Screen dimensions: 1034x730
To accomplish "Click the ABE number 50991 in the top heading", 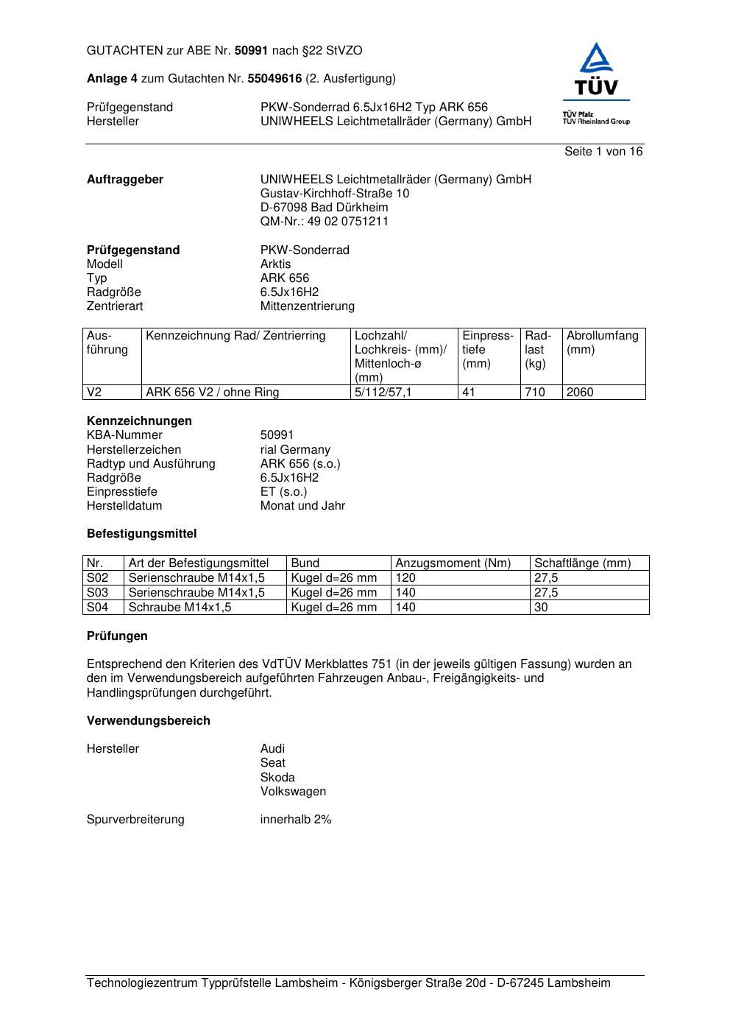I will coord(251,51).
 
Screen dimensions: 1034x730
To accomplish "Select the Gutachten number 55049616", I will coord(274,79).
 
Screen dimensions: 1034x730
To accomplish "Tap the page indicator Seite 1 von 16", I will coord(603,152).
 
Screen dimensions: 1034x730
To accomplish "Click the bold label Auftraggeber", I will coord(125,180).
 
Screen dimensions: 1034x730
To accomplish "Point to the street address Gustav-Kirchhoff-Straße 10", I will coord(335,194).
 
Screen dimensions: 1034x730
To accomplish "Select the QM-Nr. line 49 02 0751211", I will coord(324,222).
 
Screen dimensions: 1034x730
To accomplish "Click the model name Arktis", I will coord(275,264).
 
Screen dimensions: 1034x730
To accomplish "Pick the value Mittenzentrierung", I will coord(307,306).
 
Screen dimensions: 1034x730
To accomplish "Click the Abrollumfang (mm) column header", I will coord(602,342).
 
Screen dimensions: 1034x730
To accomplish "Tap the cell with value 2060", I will coord(580,393).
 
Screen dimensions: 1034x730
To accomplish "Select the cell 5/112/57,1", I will coord(383,393).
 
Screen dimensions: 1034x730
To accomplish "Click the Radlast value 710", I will coord(535,393).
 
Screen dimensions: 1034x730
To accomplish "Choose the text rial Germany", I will coord(295,450).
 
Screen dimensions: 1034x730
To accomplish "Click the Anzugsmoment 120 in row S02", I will coord(405,578).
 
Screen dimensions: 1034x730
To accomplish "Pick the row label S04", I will coord(98,608).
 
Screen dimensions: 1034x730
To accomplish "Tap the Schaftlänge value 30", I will coord(541,608).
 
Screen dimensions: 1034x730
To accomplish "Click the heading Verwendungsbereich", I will coord(149,721).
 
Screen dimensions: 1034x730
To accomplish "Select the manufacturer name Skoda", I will coord(277,778).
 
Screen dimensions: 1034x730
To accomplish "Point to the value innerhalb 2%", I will coord(296,820).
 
